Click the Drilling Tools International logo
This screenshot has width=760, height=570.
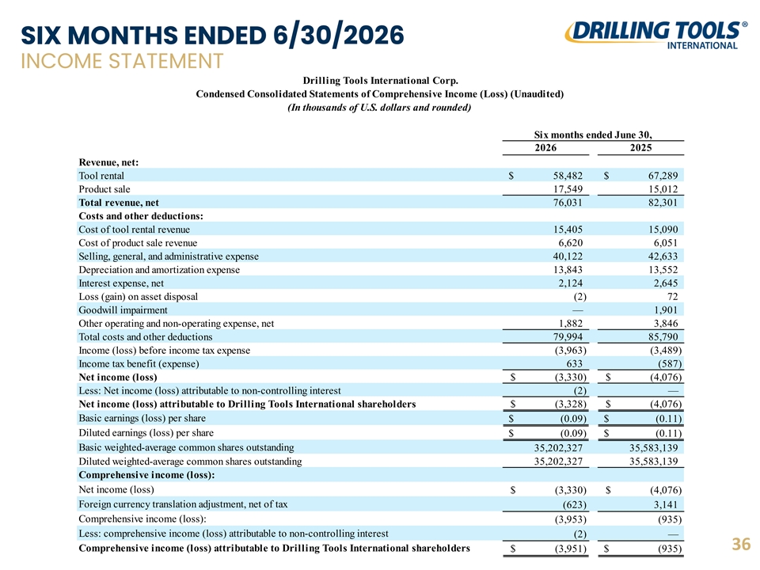pyautogui.click(x=655, y=35)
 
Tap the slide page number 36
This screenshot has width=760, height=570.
pyautogui.click(x=741, y=545)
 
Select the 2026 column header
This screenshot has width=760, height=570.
pyautogui.click(x=545, y=148)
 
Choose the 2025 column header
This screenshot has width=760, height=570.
pyautogui.click(x=640, y=148)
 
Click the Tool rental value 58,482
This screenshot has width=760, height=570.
pyautogui.click(x=568, y=176)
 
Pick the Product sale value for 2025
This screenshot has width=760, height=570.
pyautogui.click(x=663, y=189)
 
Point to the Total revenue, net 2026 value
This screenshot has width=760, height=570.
pyautogui.click(x=568, y=203)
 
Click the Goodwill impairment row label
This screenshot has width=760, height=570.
pyautogui.click(x=123, y=310)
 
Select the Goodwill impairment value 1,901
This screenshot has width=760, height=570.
pyautogui.click(x=666, y=310)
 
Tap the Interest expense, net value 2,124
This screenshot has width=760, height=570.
pyautogui.click(x=571, y=283)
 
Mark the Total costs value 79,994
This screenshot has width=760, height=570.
pyautogui.click(x=568, y=337)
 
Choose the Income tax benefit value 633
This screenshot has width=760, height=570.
pyautogui.click(x=575, y=364)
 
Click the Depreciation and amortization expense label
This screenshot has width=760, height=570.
pyautogui.click(x=159, y=270)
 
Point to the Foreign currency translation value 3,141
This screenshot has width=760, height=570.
pyautogui.click(x=666, y=504)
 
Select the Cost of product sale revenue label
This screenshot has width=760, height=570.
pyautogui.click(x=138, y=243)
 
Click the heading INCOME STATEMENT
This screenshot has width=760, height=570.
pyautogui.click(x=122, y=62)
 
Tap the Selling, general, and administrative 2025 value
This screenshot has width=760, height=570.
pyautogui.click(x=663, y=256)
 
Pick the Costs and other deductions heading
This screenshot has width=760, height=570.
pyautogui.click(x=141, y=216)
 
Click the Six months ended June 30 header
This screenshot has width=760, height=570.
pyautogui.click(x=593, y=135)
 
